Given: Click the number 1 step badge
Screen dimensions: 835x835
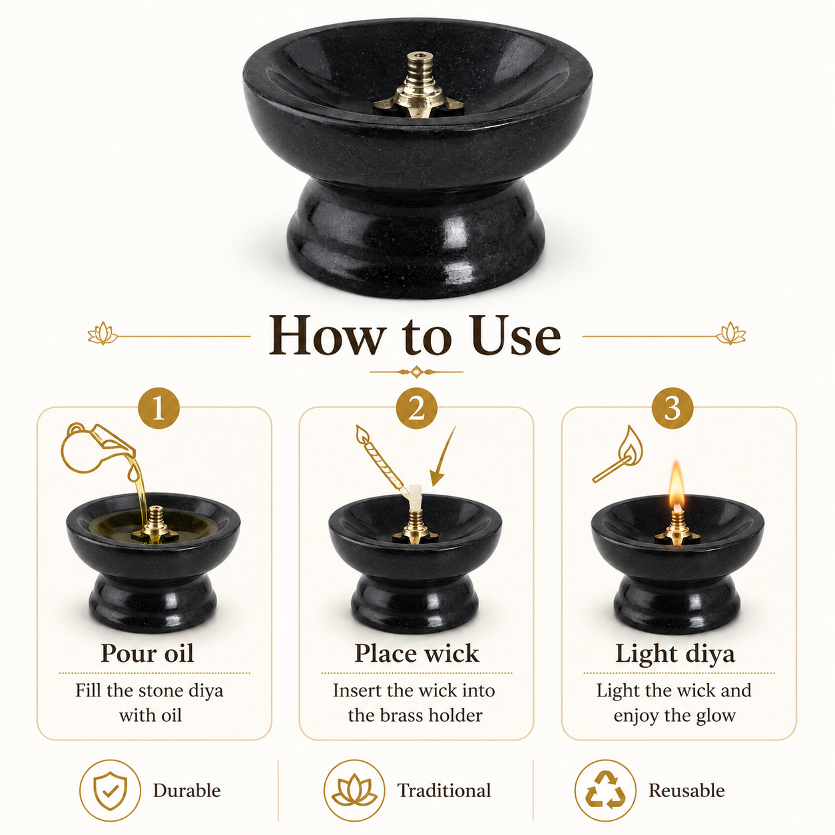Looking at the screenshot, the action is [x=158, y=408].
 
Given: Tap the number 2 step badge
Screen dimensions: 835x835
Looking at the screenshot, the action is [x=416, y=408].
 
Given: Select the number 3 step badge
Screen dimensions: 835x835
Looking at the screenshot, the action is [x=673, y=408].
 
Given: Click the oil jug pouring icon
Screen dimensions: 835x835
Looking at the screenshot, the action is [x=92, y=449].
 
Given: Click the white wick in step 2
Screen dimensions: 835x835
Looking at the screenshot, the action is [x=415, y=497].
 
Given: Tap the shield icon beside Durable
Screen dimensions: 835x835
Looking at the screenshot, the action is [x=110, y=791].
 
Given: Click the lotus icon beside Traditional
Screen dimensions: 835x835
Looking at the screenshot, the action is [x=354, y=790].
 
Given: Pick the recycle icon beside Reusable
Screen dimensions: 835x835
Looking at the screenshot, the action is [x=605, y=790].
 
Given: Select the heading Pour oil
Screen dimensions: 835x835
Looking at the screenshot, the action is [x=147, y=653].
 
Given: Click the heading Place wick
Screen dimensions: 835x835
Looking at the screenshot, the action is [x=416, y=653].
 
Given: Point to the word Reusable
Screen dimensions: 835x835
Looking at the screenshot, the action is [x=687, y=791].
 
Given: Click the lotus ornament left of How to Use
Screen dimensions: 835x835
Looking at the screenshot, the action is [x=103, y=333].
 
